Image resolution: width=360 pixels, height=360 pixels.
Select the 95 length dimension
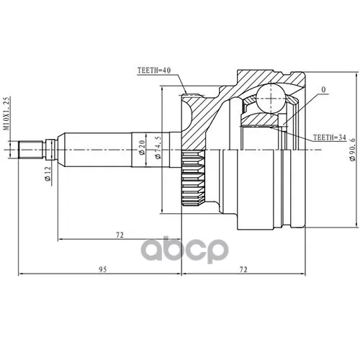103,270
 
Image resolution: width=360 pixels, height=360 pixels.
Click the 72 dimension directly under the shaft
117,235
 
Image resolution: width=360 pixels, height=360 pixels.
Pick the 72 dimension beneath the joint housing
243,270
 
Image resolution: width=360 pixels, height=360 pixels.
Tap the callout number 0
323,90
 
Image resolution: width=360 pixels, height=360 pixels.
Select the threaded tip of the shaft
29,150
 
